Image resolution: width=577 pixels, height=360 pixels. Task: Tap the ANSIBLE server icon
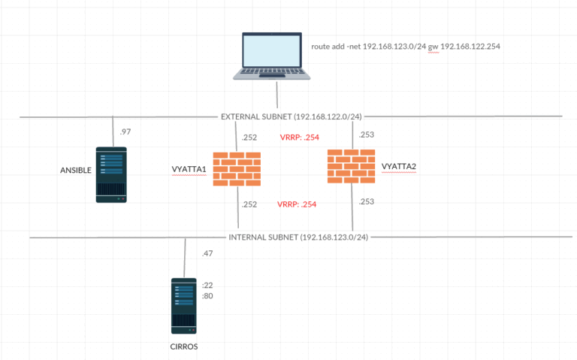click(111, 174)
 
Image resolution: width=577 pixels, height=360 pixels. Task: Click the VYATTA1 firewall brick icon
click(237, 169)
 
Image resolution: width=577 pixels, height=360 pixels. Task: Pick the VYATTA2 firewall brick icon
click(352, 166)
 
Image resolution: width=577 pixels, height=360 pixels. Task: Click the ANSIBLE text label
click(75, 171)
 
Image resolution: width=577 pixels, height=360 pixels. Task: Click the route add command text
click(406, 47)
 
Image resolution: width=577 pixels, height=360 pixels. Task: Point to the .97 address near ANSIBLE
click(125, 133)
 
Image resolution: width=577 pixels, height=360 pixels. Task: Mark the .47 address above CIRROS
click(208, 254)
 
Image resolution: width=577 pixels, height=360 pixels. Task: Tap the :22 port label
click(208, 285)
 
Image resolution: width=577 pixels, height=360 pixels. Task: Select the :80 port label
click(208, 296)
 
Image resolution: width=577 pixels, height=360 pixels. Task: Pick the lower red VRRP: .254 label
click(297, 204)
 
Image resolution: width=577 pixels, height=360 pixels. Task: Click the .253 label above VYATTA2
click(367, 135)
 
